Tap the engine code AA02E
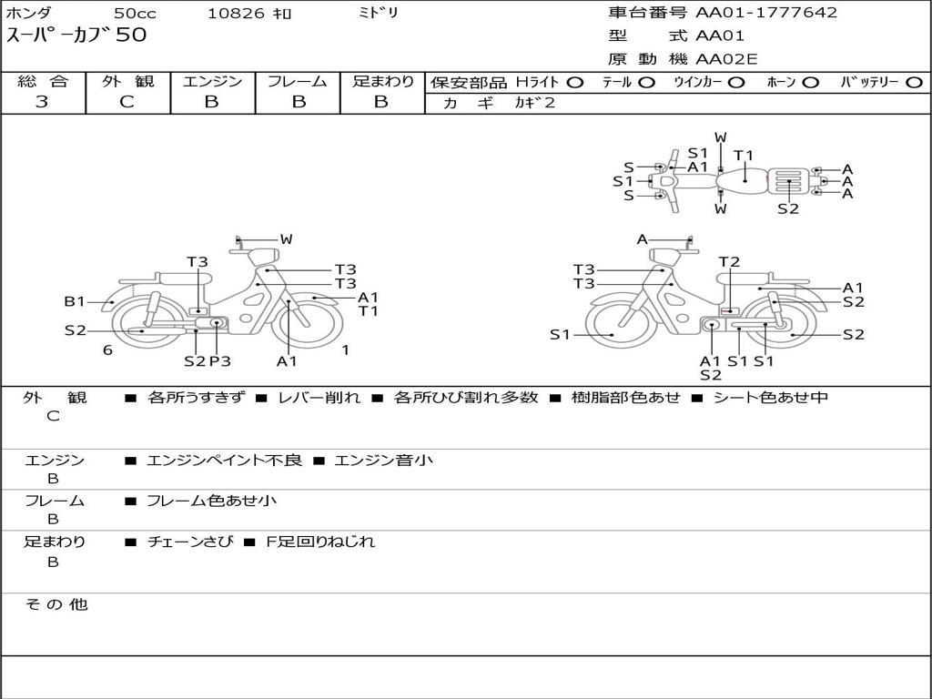tap(726, 60)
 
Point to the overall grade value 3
tap(42, 102)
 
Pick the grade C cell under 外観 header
tap(127, 102)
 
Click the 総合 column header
tap(43, 82)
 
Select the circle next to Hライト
tap(575, 82)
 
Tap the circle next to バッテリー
tap(914, 82)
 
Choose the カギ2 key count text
tap(534, 103)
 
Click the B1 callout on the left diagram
tap(74, 301)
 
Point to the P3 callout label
tap(219, 361)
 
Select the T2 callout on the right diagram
tap(729, 262)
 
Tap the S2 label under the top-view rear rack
tap(788, 208)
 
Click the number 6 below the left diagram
tap(107, 349)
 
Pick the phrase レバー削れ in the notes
tap(319, 398)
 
